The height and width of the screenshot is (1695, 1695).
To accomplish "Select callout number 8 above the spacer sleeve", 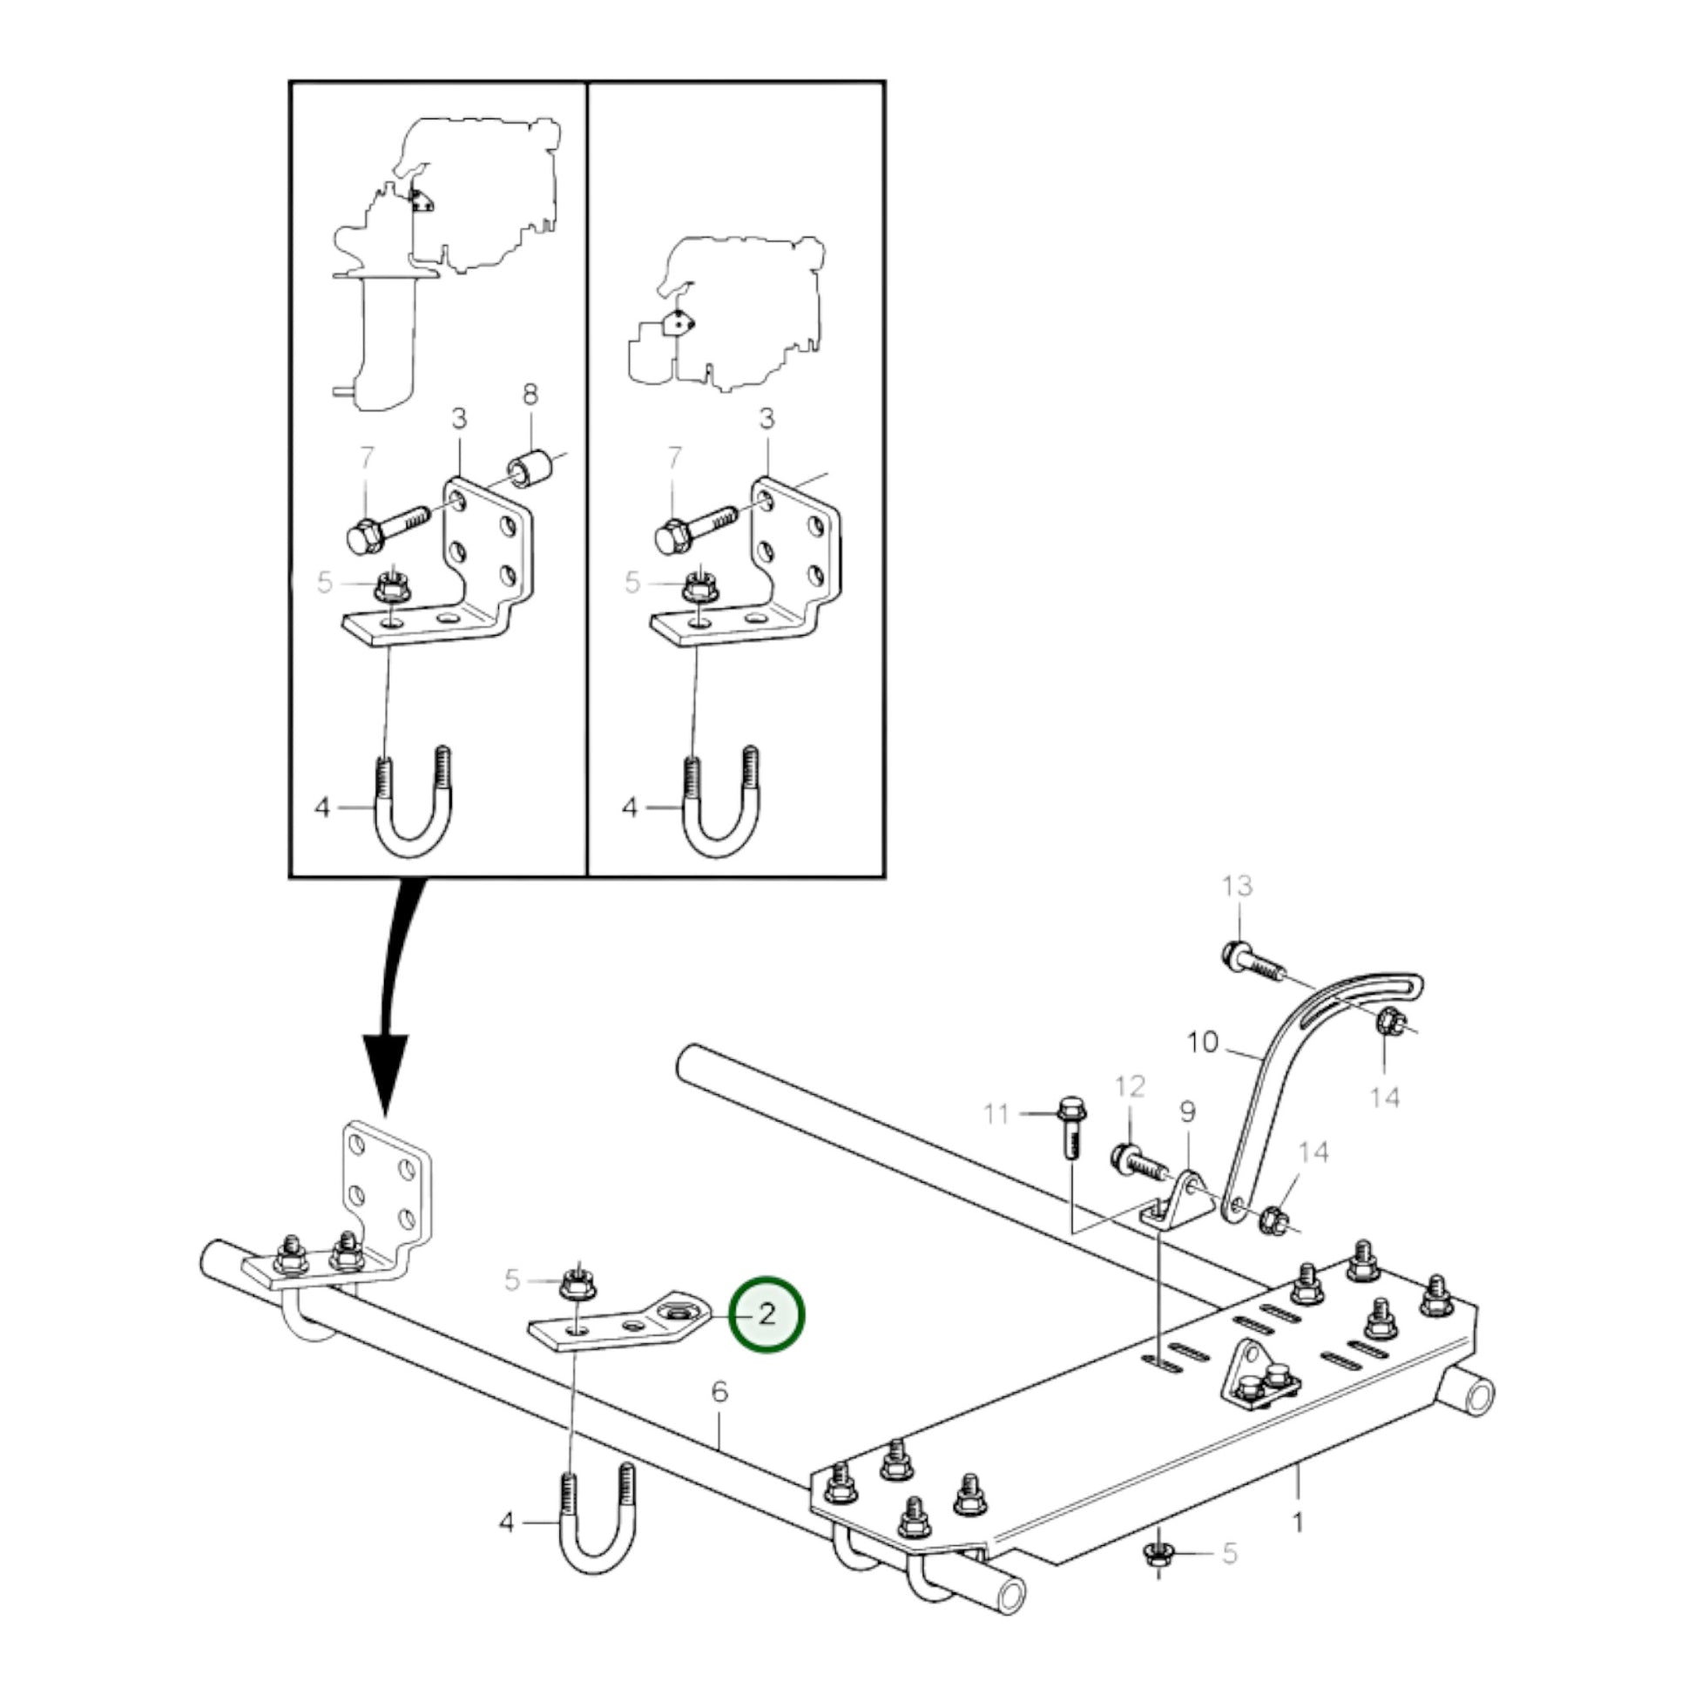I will (530, 395).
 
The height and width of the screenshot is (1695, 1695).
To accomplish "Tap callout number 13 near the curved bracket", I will (1237, 886).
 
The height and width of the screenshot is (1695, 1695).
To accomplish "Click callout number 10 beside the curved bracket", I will (1203, 1043).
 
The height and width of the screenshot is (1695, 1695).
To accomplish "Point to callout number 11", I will (996, 1114).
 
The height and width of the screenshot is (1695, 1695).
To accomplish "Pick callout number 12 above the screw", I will (1130, 1088).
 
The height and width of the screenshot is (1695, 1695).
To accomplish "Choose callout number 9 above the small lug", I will (1187, 1112).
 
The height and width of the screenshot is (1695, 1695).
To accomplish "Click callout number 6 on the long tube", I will (719, 1391).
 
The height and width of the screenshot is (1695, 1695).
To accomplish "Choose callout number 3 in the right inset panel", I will (766, 418).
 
